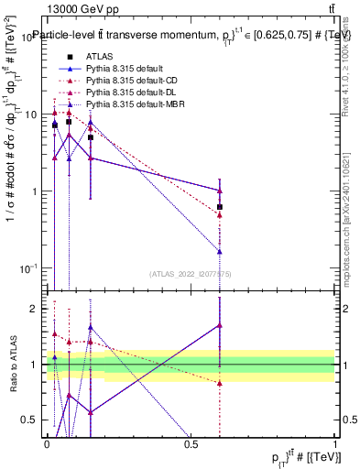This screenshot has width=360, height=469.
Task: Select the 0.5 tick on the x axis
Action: click(191, 443)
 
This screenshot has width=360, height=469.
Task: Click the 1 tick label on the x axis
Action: click(334, 443)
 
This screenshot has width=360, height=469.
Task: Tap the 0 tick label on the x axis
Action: click(47, 443)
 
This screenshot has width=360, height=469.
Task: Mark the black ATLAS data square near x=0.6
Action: click(220, 207)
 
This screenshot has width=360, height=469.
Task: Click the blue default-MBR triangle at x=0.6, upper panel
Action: click(220, 251)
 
